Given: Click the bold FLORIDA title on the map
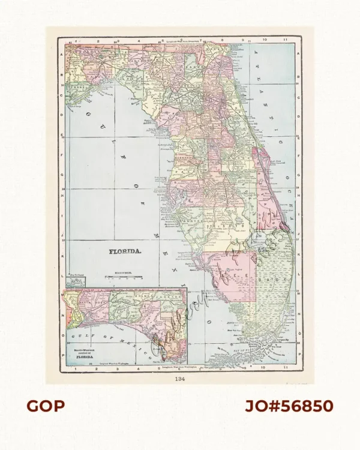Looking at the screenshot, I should [x=125, y=252].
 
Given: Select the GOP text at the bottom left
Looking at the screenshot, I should [x=45, y=406].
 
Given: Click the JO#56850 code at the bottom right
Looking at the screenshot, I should [x=288, y=406].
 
